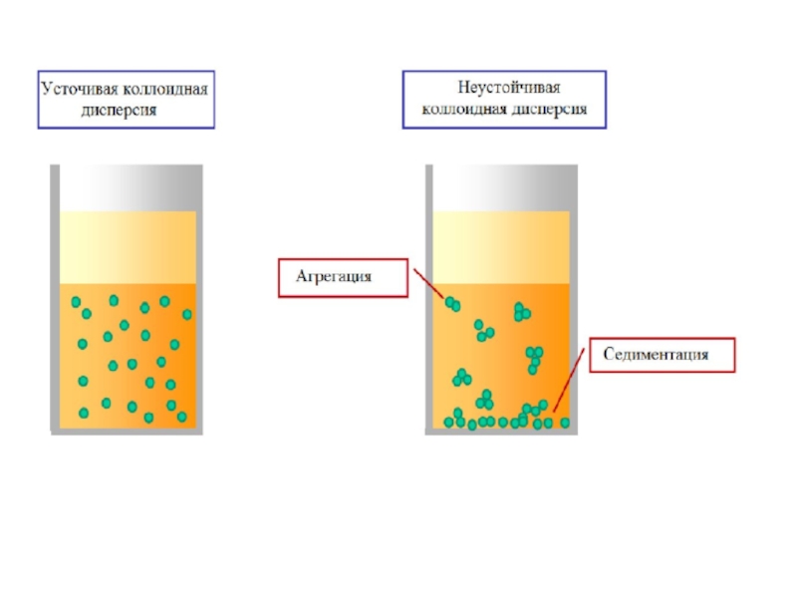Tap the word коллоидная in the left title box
click(166, 89)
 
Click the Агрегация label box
click(342, 276)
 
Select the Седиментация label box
click(662, 355)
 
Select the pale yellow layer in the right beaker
click(506, 248)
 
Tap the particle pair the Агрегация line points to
click(453, 303)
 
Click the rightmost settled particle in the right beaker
click(565, 423)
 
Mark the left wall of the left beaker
click(52, 299)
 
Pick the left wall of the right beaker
click(428, 299)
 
